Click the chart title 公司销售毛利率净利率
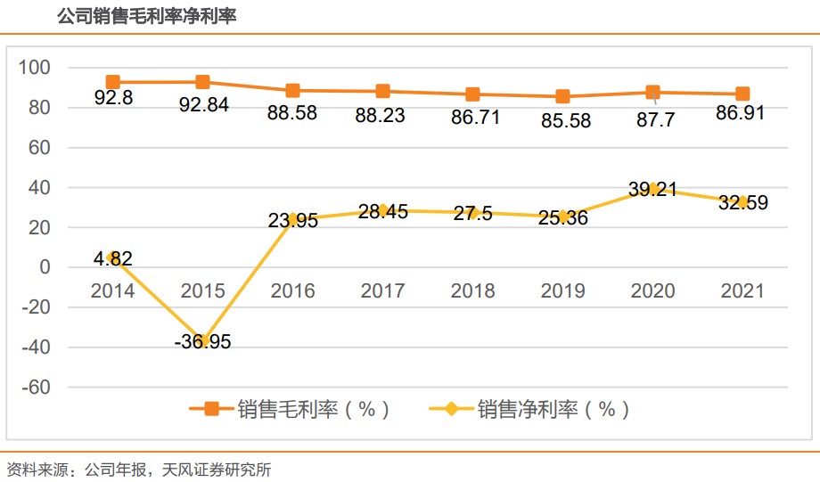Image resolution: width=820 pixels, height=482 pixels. click(x=146, y=17)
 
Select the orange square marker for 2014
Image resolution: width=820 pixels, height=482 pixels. click(x=113, y=82)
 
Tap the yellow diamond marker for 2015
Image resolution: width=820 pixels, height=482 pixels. click(x=203, y=340)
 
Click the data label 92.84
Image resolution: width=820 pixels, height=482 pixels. click(x=203, y=104)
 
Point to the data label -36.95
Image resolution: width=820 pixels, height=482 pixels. click(x=203, y=341)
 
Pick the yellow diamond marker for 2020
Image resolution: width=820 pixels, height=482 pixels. click(x=653, y=189)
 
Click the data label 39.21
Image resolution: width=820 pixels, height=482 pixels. click(x=653, y=189)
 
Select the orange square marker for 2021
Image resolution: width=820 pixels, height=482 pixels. click(x=742, y=94)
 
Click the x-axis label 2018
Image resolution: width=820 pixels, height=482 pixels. click(x=472, y=291)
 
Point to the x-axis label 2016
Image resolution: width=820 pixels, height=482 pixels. click(x=292, y=291)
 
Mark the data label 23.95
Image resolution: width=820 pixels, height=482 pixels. click(x=292, y=221)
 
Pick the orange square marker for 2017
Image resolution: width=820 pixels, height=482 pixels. click(x=382, y=91)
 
